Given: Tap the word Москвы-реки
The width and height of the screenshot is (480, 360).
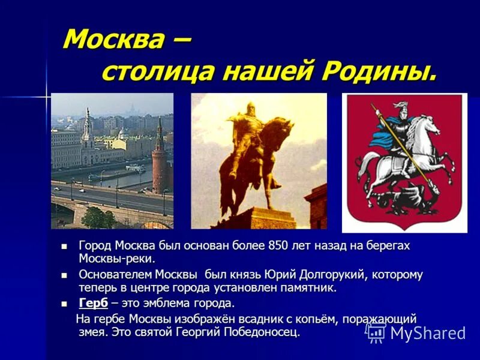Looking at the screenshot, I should (117, 259).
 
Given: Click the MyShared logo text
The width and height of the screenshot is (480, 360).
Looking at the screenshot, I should (427, 333).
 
